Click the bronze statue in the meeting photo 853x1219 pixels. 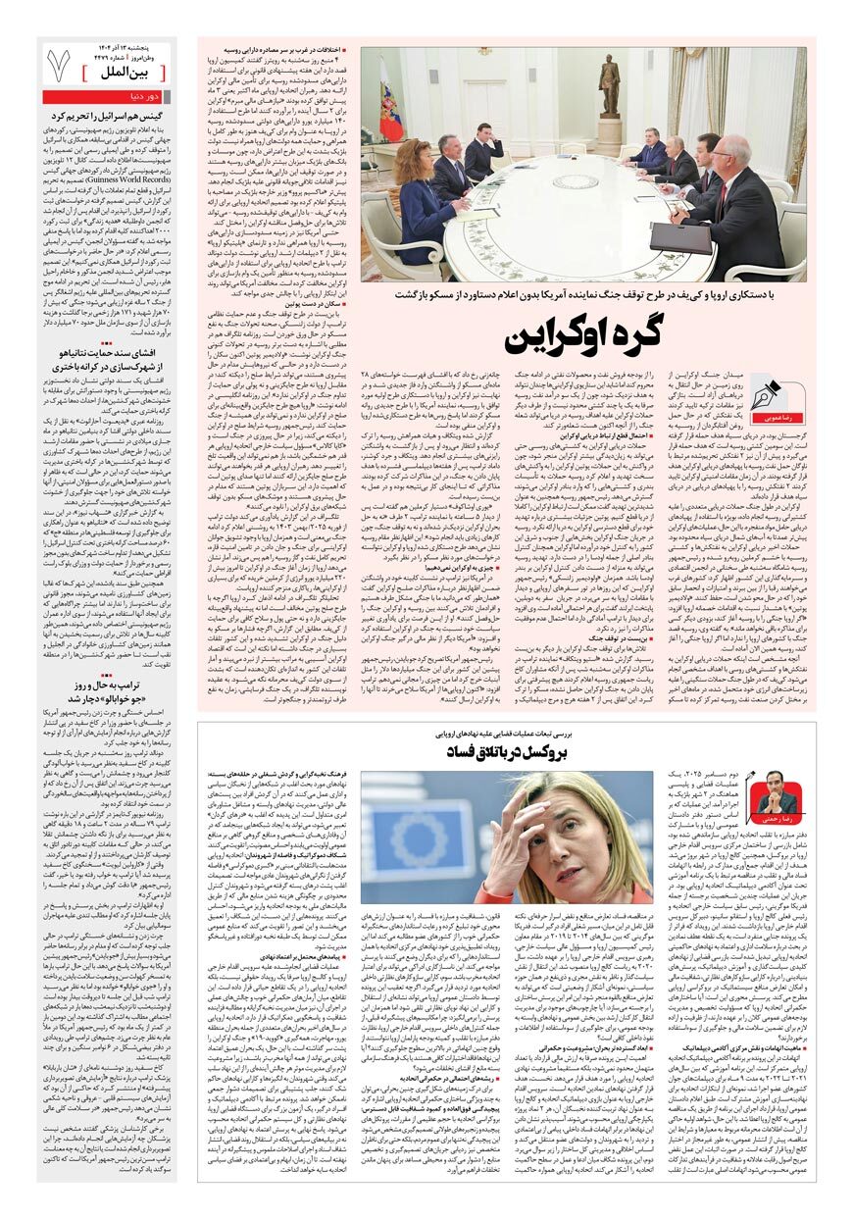[x=609, y=88]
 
